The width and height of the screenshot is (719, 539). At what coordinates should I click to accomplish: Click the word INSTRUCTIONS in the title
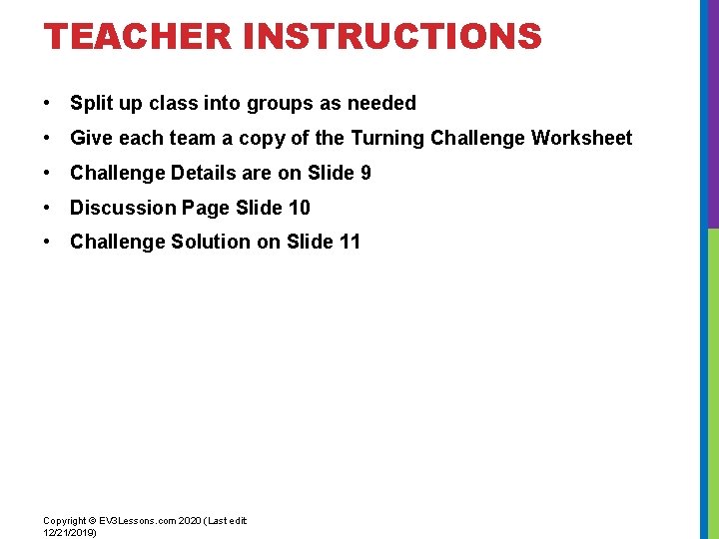391,37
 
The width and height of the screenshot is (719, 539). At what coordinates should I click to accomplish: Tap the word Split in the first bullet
90,103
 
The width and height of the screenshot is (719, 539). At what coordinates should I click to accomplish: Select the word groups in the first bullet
277,104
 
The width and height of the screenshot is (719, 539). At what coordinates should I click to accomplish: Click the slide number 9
365,173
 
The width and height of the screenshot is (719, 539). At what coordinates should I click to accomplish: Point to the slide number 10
299,208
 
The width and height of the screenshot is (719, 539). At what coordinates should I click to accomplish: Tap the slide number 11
350,242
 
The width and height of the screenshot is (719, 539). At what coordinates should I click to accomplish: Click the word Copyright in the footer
63,521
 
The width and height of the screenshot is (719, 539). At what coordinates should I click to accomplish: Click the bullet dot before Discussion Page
48,208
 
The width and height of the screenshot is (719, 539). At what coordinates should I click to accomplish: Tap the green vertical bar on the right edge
713,379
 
